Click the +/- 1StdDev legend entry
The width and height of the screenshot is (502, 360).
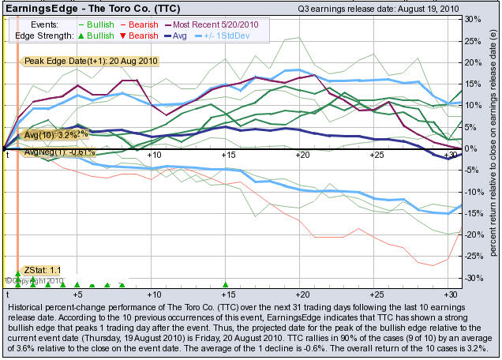coord(235,37)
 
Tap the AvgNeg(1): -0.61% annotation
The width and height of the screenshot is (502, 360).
coord(59,152)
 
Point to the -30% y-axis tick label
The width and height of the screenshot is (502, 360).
coord(472,278)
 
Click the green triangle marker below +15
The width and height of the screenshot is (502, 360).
coord(226,284)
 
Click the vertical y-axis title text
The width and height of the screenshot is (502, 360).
coord(493,148)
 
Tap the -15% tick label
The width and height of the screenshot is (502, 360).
coord(472,213)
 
